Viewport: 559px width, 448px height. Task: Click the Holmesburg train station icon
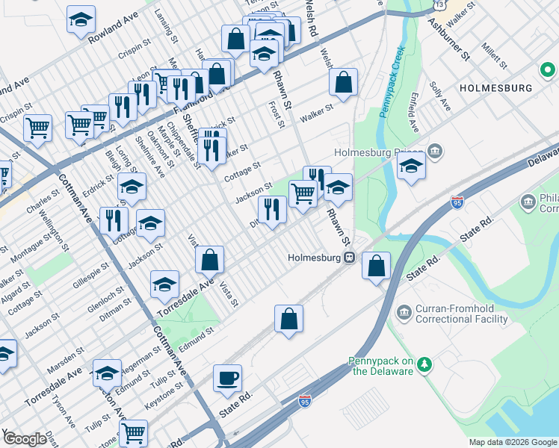pyautogui.click(x=349, y=258)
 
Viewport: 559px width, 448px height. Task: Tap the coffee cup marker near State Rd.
pyautogui.click(x=227, y=378)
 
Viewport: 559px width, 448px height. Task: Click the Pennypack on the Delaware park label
pyautogui.click(x=380, y=366)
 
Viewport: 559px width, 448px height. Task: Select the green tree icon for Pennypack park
pyautogui.click(x=424, y=364)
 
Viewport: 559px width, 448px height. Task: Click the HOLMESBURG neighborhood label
pyautogui.click(x=495, y=87)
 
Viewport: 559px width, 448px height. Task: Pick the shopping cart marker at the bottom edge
pyautogui.click(x=133, y=432)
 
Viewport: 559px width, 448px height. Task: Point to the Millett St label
pyautogui.click(x=495, y=53)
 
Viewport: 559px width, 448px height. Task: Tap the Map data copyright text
pyautogui.click(x=512, y=442)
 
